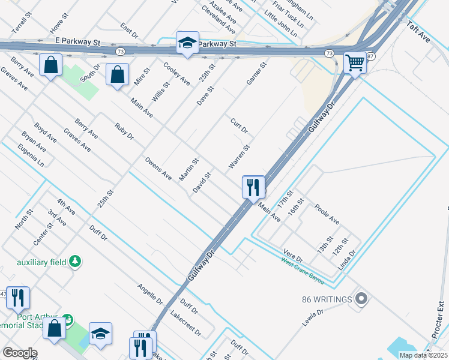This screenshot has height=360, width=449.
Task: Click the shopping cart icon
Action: point(355,62)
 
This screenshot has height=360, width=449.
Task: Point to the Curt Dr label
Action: point(239,126)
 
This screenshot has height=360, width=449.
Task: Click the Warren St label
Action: point(239,156)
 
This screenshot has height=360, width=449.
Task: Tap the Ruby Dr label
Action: point(124,131)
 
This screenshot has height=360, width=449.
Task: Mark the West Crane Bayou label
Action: point(302,270)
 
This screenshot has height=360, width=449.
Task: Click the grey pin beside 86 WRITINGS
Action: point(361,298)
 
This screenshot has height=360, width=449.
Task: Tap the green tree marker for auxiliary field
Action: point(75,261)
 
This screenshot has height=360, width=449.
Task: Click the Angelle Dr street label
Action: point(150,293)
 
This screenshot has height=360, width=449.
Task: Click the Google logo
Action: point(20,353)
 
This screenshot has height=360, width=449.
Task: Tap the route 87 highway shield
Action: point(370,56)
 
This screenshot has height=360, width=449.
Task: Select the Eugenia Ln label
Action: point(31,155)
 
